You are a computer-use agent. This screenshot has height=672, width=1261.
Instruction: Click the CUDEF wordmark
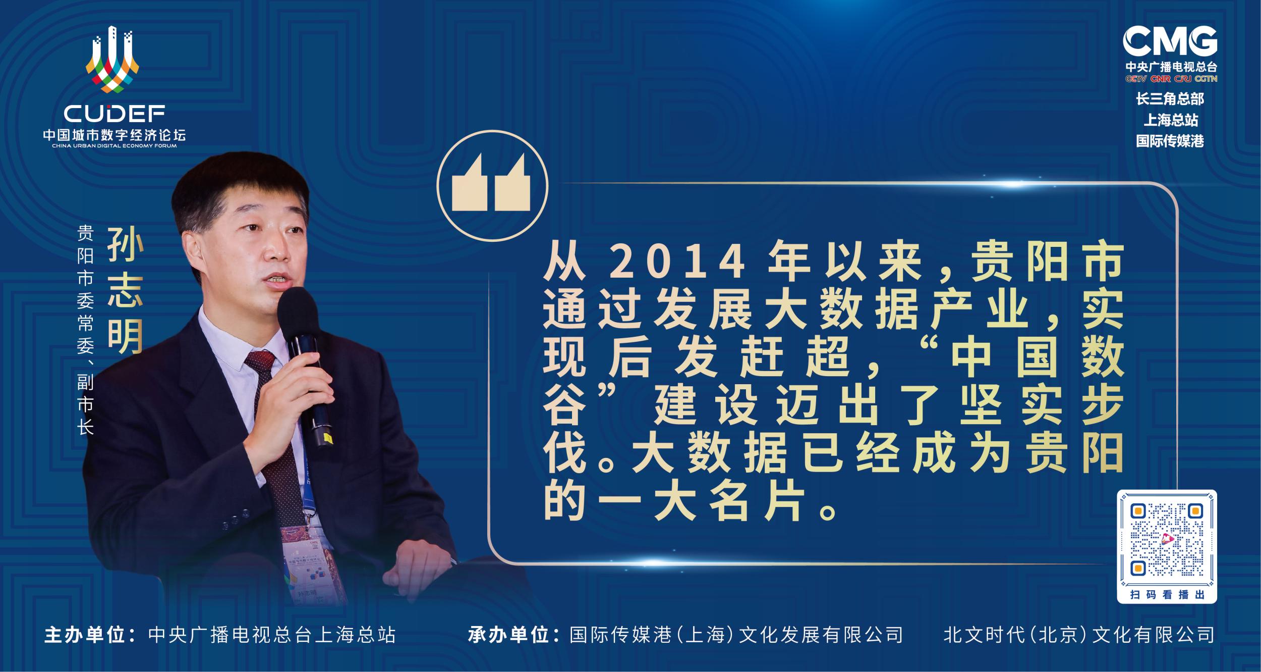pos(114,115)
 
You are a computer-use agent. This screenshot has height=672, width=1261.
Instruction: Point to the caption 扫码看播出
pos(1167,594)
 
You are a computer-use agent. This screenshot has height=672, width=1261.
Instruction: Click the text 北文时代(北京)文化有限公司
pos(1078,635)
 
